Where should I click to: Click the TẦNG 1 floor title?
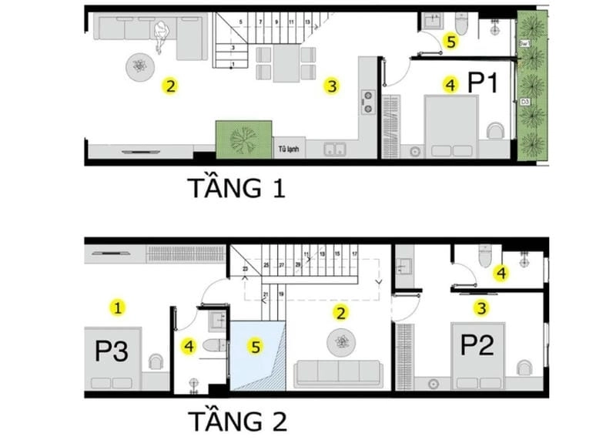tap(236, 187)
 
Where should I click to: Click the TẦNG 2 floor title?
tap(238, 421)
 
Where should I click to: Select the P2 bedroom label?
tap(477, 344)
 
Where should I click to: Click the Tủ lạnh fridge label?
tap(289, 149)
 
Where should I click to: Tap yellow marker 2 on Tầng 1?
tap(170, 85)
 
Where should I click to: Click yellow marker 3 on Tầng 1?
tap(331, 86)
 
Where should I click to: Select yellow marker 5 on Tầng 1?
tap(450, 42)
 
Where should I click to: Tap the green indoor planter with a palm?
tap(244, 139)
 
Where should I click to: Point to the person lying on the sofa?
tap(162, 34)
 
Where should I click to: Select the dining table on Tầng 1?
tap(286, 64)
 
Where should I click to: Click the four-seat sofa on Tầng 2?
tap(339, 373)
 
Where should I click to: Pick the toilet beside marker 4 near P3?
tap(216, 345)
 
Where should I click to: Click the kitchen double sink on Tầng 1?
tap(334, 149)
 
